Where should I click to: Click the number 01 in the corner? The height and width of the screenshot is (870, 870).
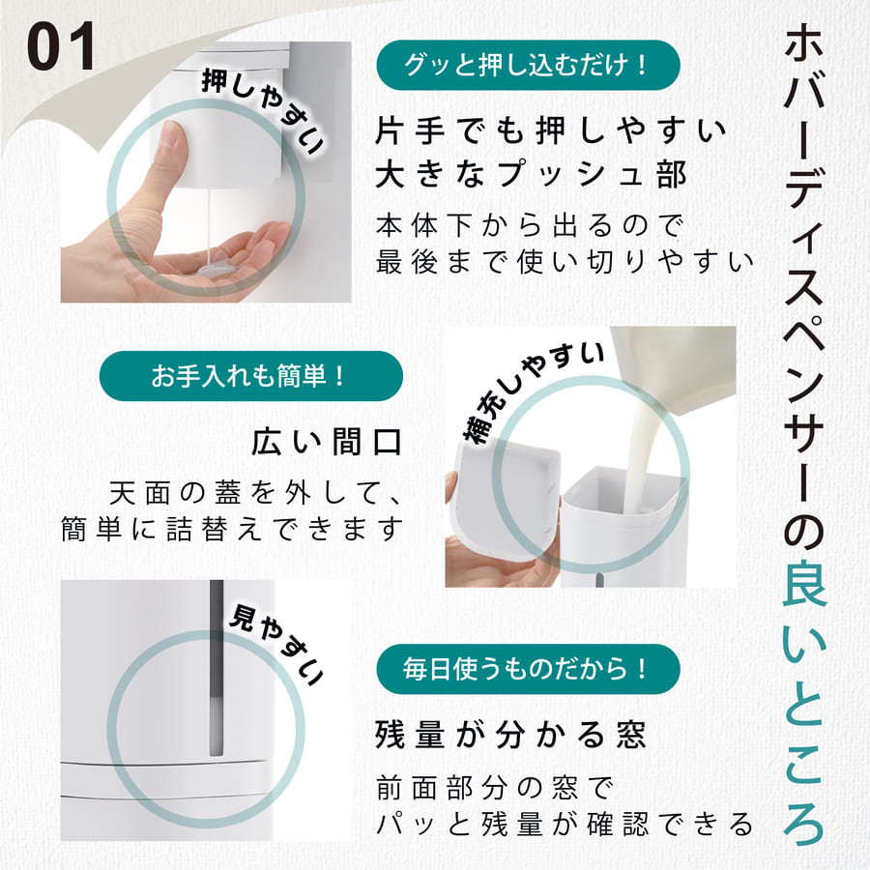tap(61, 46)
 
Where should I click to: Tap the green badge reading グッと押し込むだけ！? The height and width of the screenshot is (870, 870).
tap(528, 65)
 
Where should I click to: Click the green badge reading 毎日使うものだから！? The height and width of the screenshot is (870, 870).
tap(528, 668)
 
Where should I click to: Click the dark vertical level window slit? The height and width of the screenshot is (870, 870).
tap(216, 667)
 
